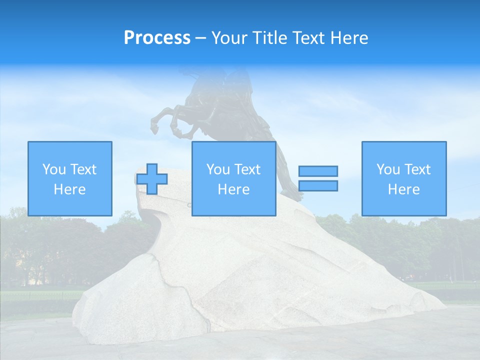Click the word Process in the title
click(157, 38)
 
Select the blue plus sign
click(152, 179)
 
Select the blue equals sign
click(318, 178)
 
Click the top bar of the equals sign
click(318, 171)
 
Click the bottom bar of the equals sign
click(318, 185)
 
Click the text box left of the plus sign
click(69, 178)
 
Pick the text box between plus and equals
click(233, 178)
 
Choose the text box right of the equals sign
click(403, 178)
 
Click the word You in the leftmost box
click(54, 169)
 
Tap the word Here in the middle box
click(233, 189)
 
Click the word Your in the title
click(228, 38)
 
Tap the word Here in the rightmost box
click(403, 189)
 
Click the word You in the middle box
click(218, 169)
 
